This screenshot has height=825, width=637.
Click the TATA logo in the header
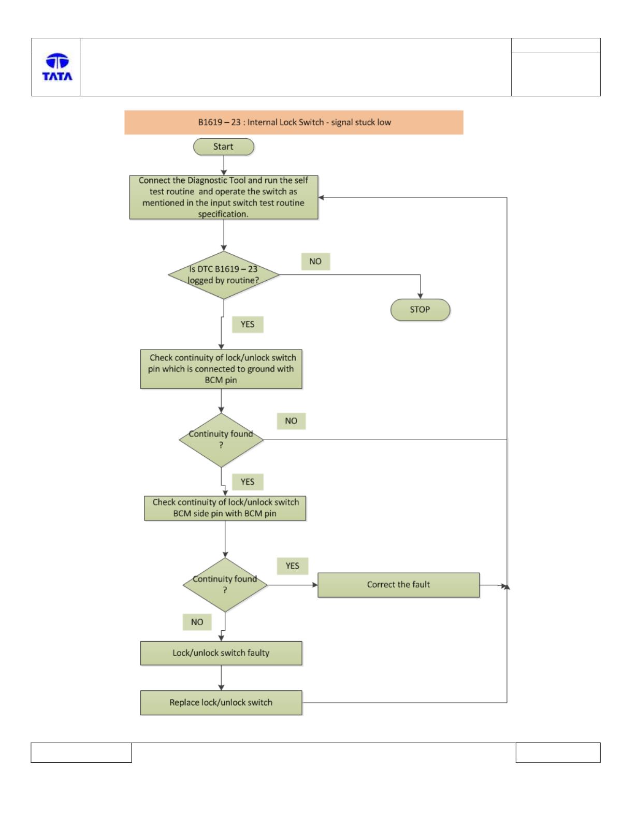click(57, 67)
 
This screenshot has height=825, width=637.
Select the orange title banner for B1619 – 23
click(294, 122)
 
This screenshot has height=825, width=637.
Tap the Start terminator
click(224, 147)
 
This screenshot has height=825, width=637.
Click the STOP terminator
click(420, 310)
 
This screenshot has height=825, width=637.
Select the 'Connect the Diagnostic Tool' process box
click(224, 197)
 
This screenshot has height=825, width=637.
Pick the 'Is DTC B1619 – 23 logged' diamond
click(224, 275)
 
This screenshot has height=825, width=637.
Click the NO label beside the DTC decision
click(315, 262)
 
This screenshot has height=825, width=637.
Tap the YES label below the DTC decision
click(248, 324)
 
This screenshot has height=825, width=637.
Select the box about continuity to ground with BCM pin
click(221, 369)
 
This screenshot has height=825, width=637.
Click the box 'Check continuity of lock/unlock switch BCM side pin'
click(225, 508)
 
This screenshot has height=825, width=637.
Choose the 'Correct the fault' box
click(398, 585)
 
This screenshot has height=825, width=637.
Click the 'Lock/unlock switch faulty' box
click(221, 653)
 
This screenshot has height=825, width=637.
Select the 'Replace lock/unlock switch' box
click(221, 703)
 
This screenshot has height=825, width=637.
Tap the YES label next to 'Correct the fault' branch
click(292, 566)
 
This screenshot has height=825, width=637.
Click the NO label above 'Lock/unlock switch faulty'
click(197, 622)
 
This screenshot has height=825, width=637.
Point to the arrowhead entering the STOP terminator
click(420, 296)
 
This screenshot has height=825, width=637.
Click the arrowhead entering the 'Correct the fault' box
click(315, 585)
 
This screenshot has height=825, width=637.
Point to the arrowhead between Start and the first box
click(224, 173)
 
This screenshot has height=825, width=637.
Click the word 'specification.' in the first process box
click(223, 214)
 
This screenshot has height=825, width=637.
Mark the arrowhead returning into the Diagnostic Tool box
click(321, 197)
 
